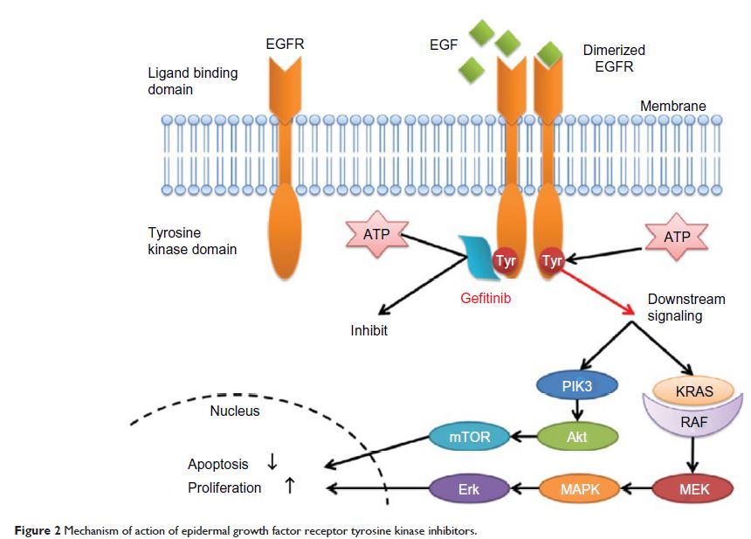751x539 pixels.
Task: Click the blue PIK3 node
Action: pyautogui.click(x=575, y=385)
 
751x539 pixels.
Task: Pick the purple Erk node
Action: pyautogui.click(x=464, y=487)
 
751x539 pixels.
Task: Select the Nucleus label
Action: pyautogui.click(x=235, y=410)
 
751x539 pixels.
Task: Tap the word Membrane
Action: pyautogui.click(x=672, y=107)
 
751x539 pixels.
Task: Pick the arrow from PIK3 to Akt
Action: pyautogui.click(x=576, y=411)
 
